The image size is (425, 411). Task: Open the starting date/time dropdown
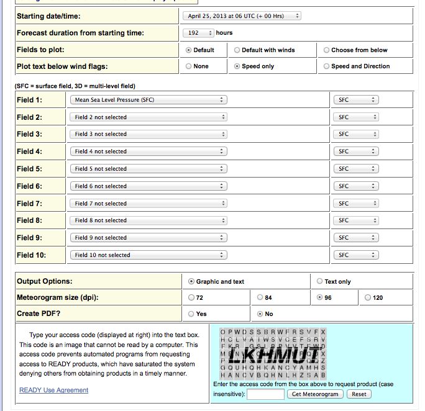click(242, 16)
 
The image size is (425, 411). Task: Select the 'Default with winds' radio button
click(237, 50)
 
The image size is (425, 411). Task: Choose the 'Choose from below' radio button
click(327, 50)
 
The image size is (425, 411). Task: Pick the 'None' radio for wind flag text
click(189, 66)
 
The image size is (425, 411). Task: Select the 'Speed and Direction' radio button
click(327, 66)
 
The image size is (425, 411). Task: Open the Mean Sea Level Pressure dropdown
click(148, 100)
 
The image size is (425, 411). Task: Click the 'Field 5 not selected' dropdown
click(148, 169)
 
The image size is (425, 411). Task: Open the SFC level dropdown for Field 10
click(356, 255)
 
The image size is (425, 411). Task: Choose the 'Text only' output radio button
click(320, 281)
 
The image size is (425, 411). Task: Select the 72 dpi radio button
click(191, 297)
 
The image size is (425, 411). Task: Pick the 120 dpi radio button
click(368, 297)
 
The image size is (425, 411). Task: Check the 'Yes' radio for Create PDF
click(191, 314)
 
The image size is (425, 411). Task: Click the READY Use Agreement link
click(54, 390)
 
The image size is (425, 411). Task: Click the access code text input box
click(265, 394)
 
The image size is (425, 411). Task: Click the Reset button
click(359, 394)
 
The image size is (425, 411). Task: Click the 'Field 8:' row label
click(30, 220)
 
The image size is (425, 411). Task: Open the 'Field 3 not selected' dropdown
click(148, 134)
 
